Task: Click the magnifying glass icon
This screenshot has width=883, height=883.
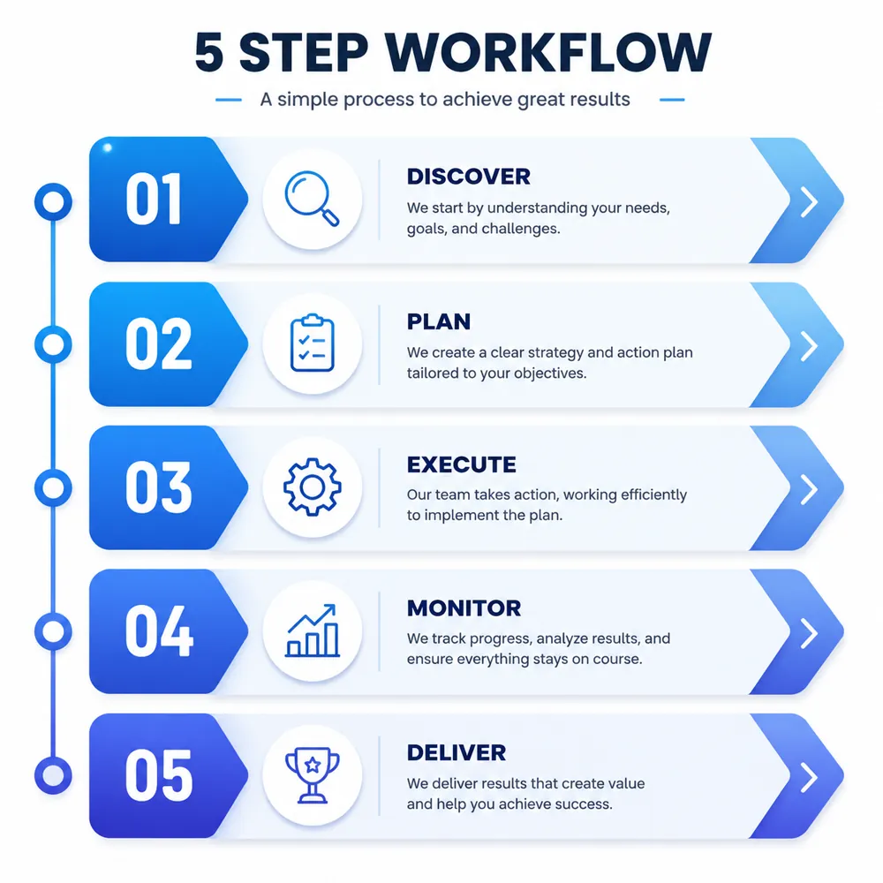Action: (x=312, y=198)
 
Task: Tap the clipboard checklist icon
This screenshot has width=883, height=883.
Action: (x=312, y=343)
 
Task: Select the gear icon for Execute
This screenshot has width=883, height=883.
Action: (x=312, y=487)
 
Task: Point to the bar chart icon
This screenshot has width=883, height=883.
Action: (x=313, y=630)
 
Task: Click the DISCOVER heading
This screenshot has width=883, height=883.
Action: (x=469, y=177)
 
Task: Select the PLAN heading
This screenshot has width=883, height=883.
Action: (x=439, y=321)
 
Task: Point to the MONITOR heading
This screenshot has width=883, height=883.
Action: (x=464, y=608)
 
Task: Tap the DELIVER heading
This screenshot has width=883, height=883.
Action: (x=457, y=753)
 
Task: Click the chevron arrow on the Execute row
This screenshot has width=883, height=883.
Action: (x=809, y=489)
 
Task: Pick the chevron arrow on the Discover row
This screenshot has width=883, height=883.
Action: (x=809, y=201)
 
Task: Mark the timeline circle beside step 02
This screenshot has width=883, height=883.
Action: (x=54, y=344)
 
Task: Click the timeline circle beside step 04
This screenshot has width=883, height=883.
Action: (x=54, y=632)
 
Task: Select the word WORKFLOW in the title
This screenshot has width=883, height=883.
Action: (x=548, y=52)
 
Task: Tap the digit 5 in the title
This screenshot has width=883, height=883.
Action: (x=209, y=52)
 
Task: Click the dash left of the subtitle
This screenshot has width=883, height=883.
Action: (x=229, y=101)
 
